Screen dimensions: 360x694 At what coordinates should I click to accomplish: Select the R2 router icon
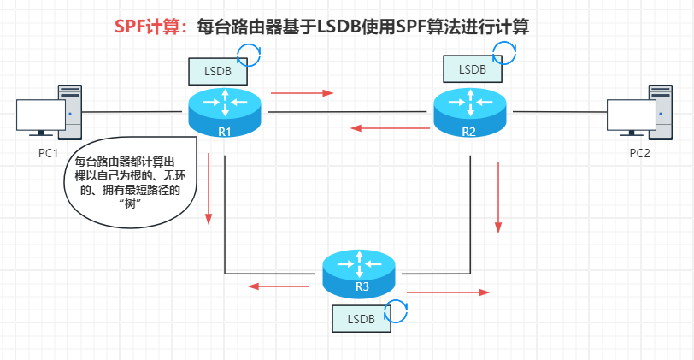pyautogui.click(x=468, y=110)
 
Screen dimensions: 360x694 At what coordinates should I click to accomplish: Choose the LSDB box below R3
pyautogui.click(x=359, y=317)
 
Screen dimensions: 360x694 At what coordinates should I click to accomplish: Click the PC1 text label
pyautogui.click(x=48, y=153)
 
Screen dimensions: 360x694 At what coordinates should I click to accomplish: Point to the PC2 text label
pyautogui.click(x=640, y=153)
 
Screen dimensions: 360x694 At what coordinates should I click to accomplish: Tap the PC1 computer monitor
pyautogui.click(x=40, y=116)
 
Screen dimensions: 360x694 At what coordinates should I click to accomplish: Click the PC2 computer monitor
pyautogui.click(x=631, y=116)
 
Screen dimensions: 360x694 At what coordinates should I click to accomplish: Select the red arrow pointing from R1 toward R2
pyautogui.click(x=302, y=91)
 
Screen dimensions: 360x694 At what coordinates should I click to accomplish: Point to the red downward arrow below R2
pyautogui.click(x=498, y=198)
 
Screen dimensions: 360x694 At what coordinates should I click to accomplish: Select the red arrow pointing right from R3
pyautogui.click(x=448, y=292)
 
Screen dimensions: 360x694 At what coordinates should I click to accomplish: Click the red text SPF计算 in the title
pyautogui.click(x=150, y=27)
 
